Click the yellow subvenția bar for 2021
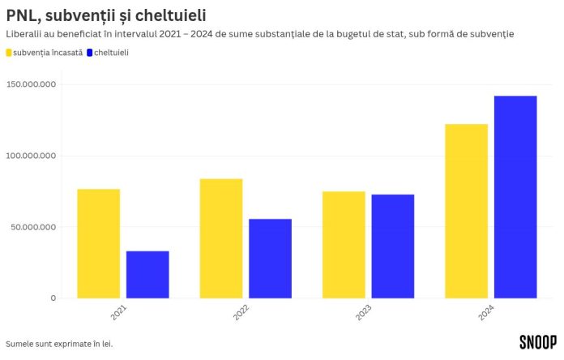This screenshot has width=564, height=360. (99, 243)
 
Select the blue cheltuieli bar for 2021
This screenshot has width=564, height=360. (147, 274)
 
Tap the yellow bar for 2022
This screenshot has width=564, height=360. (221, 238)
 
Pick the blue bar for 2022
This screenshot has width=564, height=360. (270, 258)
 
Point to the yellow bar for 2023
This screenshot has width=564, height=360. (344, 245)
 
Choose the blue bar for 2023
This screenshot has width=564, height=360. (393, 246)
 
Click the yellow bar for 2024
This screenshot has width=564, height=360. (467, 211)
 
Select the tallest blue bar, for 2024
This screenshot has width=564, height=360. (515, 197)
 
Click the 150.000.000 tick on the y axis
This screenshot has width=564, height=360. (31, 84)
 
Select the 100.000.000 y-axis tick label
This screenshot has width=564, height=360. (31, 156)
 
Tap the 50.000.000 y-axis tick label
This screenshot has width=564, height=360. (33, 227)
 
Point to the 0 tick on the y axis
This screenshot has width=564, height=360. (53, 298)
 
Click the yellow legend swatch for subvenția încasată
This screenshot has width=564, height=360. (9, 53)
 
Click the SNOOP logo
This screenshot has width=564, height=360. (537, 342)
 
